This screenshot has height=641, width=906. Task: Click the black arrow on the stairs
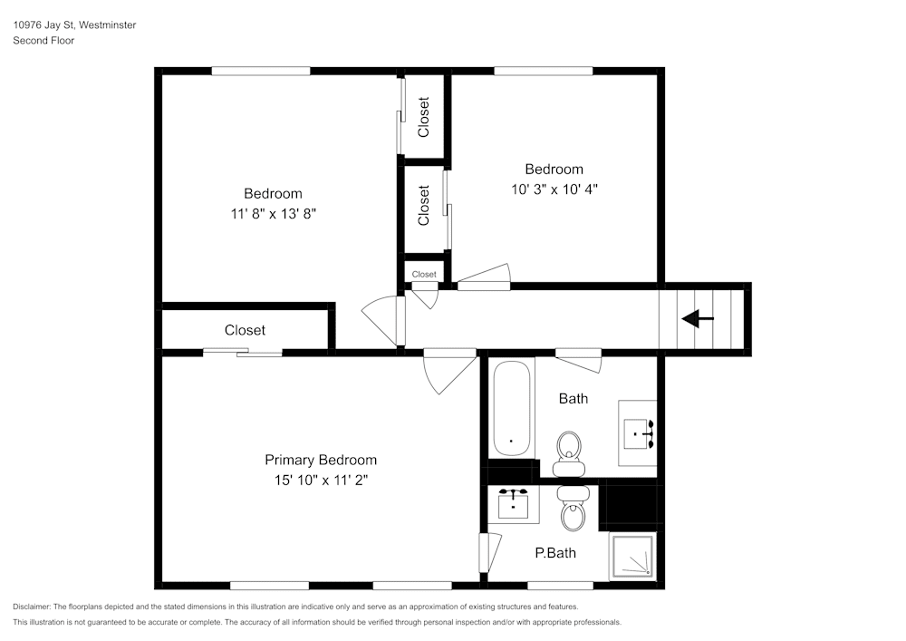[697, 319]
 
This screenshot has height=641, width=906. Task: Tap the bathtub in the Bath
[512, 408]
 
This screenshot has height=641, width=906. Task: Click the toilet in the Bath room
[569, 450]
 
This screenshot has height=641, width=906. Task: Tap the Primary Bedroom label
[321, 460]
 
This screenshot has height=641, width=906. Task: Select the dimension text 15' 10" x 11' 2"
[321, 481]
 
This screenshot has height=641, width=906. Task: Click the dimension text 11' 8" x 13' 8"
[273, 214]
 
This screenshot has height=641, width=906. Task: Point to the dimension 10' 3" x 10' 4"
[554, 189]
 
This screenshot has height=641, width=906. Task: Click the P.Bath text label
[555, 552]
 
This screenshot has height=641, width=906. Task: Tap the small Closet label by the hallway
[424, 274]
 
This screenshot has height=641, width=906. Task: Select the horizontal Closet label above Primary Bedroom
[245, 330]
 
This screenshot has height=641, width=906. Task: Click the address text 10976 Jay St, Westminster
[74, 25]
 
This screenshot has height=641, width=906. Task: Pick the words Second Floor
[43, 41]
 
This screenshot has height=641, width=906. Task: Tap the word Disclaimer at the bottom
[32, 607]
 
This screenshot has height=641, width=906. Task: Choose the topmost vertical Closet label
[424, 117]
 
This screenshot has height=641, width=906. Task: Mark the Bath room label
[573, 398]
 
